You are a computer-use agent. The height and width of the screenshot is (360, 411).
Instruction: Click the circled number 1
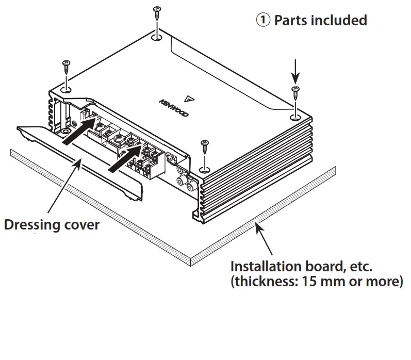click(x=263, y=21)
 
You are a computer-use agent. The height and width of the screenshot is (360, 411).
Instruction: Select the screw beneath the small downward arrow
click(x=295, y=93)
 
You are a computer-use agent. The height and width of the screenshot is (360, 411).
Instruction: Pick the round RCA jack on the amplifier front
click(x=182, y=181)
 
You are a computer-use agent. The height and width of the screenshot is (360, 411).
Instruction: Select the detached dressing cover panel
click(x=77, y=155)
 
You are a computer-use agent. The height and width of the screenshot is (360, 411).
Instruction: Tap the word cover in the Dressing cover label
click(x=82, y=225)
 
